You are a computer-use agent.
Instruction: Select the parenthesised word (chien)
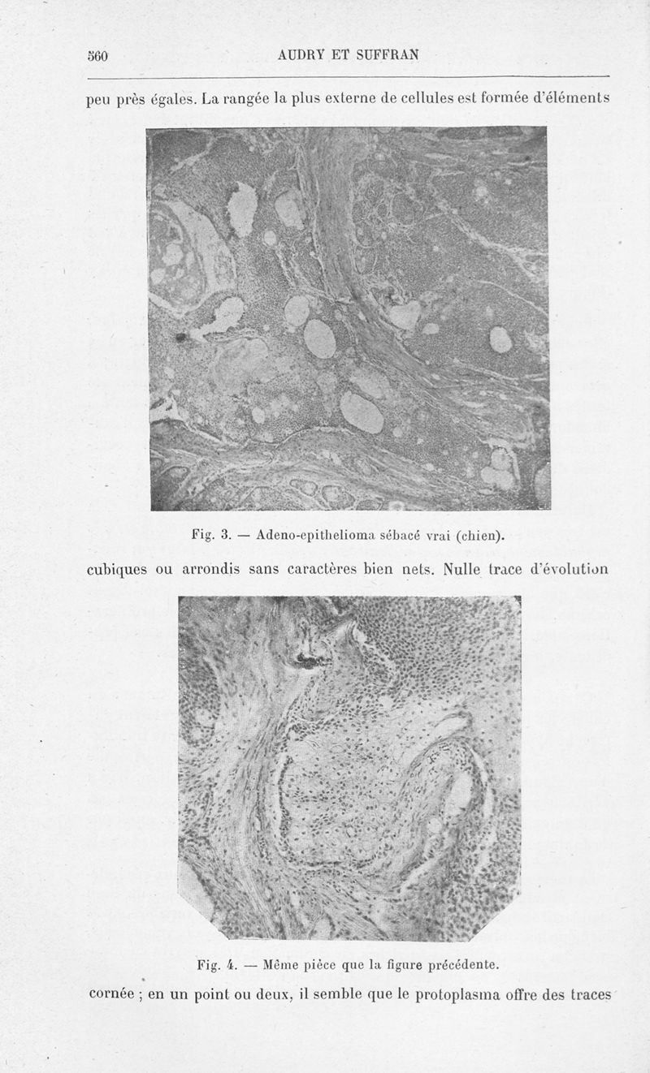click(x=476, y=535)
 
